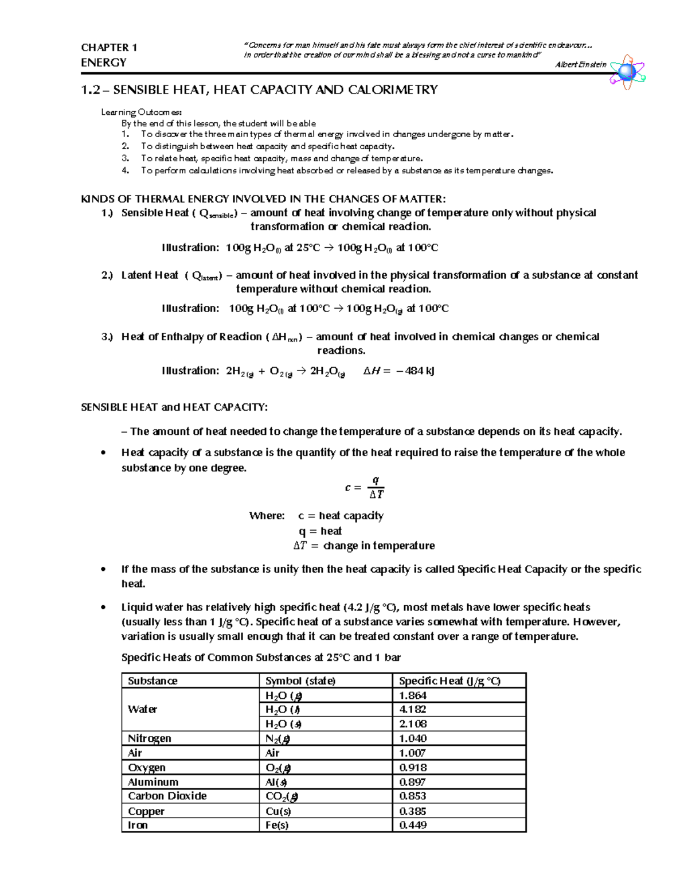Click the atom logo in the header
pyautogui.click(x=627, y=72)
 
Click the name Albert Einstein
pyautogui.click(x=580, y=65)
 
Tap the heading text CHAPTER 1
pyautogui.click(x=109, y=48)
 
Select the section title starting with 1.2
pyautogui.click(x=259, y=90)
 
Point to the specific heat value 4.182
pyautogui.click(x=413, y=709)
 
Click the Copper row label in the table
pyautogui.click(x=146, y=811)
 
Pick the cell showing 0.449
pyautogui.click(x=413, y=825)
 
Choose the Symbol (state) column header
pyautogui.click(x=300, y=681)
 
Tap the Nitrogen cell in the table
pyautogui.click(x=150, y=738)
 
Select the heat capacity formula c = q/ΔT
pyautogui.click(x=365, y=488)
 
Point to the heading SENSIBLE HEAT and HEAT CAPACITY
pyautogui.click(x=174, y=407)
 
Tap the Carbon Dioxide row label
pyautogui.click(x=167, y=796)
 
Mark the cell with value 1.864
pyautogui.click(x=413, y=695)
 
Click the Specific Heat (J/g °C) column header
pyautogui.click(x=449, y=681)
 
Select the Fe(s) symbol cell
pyautogui.click(x=277, y=825)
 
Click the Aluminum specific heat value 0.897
pyautogui.click(x=413, y=782)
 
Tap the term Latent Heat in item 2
pyautogui.click(x=150, y=275)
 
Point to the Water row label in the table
pyautogui.click(x=142, y=709)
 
